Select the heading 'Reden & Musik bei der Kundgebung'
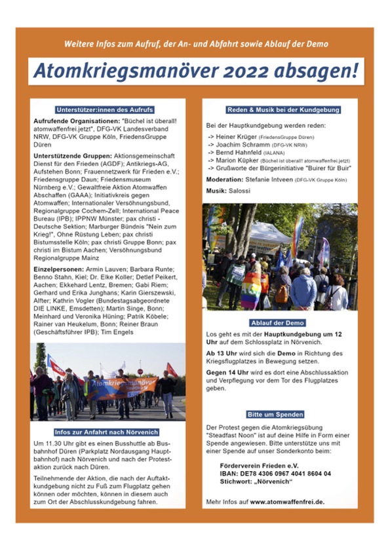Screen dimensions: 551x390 pyautogui.click(x=280, y=110)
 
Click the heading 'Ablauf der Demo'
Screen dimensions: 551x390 pyautogui.click(x=280, y=323)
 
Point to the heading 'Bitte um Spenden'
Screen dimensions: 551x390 pyautogui.click(x=280, y=415)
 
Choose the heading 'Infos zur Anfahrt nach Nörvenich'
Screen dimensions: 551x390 pyautogui.click(x=108, y=433)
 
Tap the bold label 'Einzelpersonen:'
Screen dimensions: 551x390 pyautogui.click(x=58, y=269)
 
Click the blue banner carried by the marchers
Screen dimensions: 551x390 pyautogui.click(x=122, y=387)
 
